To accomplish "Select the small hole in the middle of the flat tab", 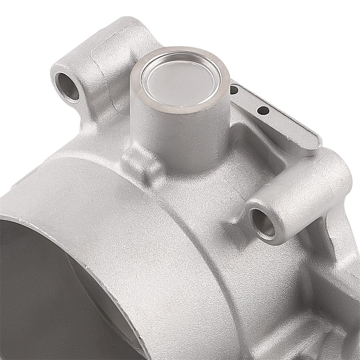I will (264, 111).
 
